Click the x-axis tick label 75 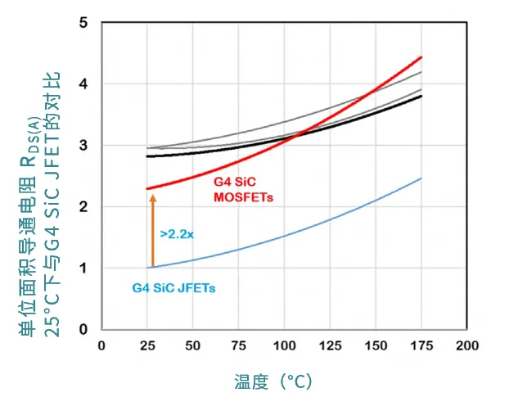tap(238, 345)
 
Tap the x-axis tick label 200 tap(466, 345)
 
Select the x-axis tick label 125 tap(330, 345)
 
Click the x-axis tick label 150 tap(376, 345)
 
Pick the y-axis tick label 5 tap(83, 23)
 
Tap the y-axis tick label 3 tap(83, 146)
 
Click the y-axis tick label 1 tap(83, 268)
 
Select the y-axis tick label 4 tap(83, 84)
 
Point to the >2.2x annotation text tap(177, 234)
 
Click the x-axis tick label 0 tap(101, 345)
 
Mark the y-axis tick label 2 tap(83, 207)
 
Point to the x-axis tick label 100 tap(284, 345)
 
